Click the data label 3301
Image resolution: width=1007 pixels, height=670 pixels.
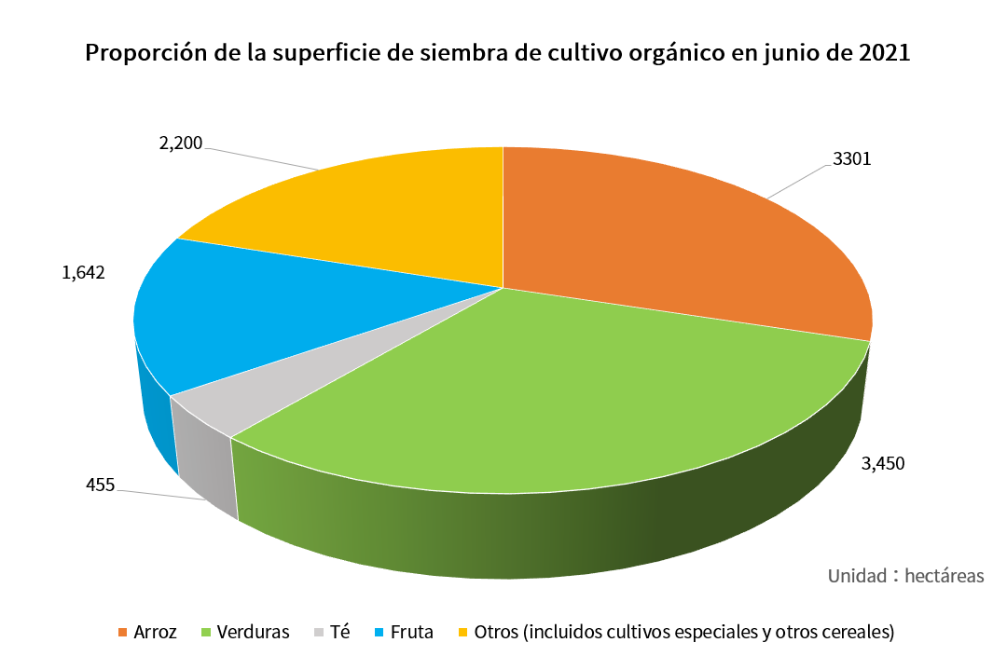coord(851,158)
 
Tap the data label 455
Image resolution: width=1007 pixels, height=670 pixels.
coord(100,485)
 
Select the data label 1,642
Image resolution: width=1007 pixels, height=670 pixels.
coord(83,272)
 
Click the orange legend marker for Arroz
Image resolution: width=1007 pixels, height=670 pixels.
coord(123,633)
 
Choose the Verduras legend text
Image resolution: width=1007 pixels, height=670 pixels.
coord(253,632)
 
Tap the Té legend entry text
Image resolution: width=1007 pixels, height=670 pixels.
coord(340,632)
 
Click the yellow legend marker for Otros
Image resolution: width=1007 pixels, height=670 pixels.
coord(462,633)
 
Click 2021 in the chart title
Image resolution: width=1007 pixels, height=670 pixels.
coord(884,53)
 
